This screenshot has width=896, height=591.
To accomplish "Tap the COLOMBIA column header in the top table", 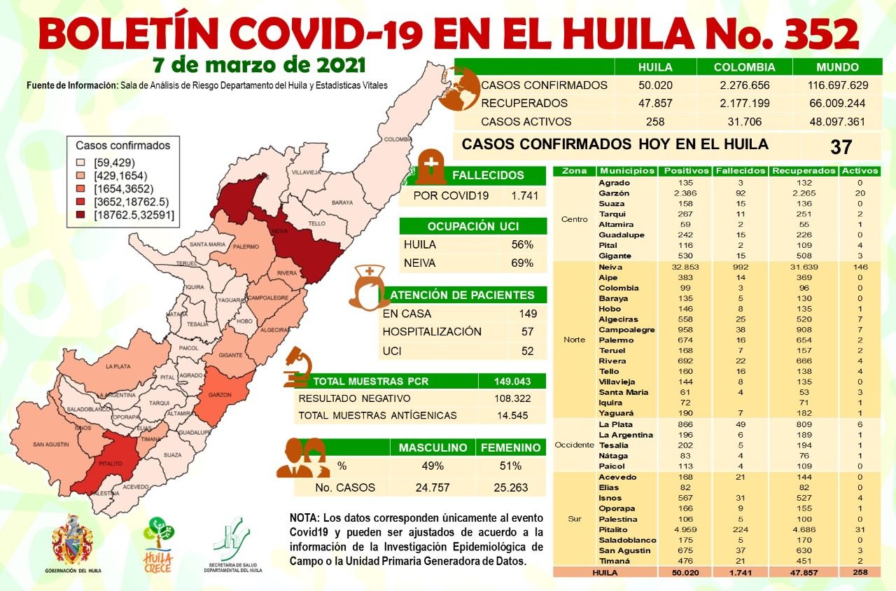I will point(744,67).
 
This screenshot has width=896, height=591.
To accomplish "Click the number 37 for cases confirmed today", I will point(841,146).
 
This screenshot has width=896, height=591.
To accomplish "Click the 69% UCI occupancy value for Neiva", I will point(521,263).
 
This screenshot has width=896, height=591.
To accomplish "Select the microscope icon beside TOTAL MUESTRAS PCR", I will point(297,369).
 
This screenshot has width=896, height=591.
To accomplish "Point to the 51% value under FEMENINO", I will point(510,466).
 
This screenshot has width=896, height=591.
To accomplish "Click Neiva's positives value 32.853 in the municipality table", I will point(676,267).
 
